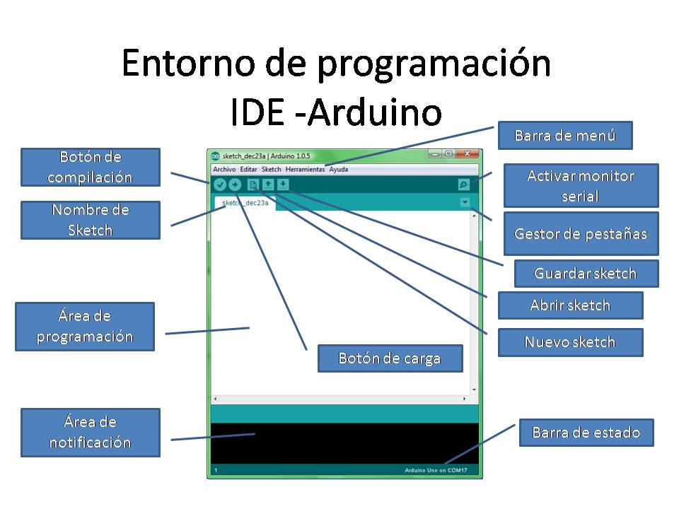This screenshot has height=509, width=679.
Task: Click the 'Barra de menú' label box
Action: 564,135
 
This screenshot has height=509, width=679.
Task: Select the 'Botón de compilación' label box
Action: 90,167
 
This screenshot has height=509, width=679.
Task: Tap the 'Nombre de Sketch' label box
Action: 90,220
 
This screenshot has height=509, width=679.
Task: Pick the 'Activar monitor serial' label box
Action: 580,185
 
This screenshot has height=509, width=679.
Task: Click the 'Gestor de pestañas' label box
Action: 580,233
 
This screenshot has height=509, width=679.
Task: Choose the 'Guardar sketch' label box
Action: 586,274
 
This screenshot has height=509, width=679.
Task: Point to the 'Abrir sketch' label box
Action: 570,305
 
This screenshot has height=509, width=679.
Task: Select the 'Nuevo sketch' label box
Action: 570,342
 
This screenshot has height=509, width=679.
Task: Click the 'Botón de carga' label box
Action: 390,358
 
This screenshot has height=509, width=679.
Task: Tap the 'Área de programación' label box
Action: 85,327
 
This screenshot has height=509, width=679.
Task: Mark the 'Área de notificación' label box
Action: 90,432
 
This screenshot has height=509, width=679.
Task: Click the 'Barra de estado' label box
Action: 586,432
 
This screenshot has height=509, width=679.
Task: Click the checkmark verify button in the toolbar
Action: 219,185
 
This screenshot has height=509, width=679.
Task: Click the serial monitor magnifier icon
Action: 463,185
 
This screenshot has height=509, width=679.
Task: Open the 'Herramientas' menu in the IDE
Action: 305,170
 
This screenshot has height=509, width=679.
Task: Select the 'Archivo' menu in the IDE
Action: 224,170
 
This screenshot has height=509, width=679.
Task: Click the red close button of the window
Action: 467,154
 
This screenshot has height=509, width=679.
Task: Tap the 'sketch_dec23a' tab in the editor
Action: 245,203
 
